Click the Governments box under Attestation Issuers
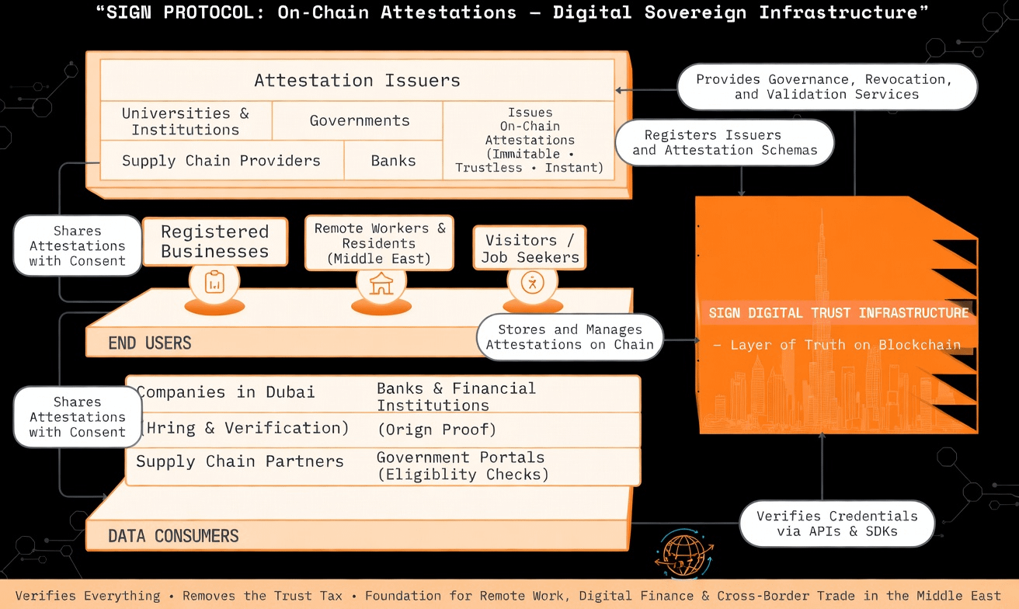tap(359, 120)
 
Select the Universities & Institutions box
tap(186, 121)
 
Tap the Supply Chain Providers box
tap(221, 161)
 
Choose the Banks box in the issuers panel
tap(393, 161)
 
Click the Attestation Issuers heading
tap(357, 80)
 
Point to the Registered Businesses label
tap(214, 242)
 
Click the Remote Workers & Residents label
tap(379, 243)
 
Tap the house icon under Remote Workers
tap(381, 284)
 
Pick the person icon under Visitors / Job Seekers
tap(532, 282)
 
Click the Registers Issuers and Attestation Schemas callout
tap(725, 142)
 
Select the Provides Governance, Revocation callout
tap(826, 87)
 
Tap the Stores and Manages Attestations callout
tap(570, 337)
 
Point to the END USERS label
tap(149, 343)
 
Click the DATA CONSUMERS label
tap(173, 536)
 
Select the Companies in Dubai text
tap(226, 392)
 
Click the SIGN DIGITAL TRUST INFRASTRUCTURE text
tap(839, 313)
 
